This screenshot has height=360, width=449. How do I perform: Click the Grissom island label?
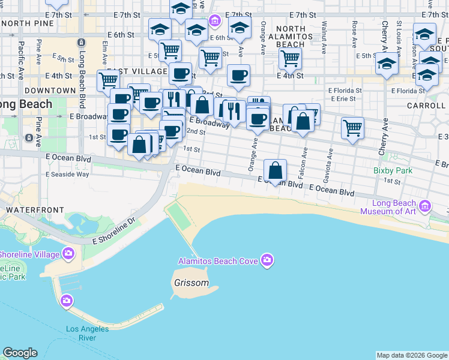(x=191, y=283)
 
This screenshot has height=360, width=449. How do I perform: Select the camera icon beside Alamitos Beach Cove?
(x=267, y=260)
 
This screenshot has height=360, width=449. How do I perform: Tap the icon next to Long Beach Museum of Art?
(x=426, y=206)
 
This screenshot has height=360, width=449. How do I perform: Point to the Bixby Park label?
(x=393, y=170)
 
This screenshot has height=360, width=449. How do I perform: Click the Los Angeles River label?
(x=88, y=333)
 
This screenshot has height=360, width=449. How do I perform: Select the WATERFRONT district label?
(x=34, y=209)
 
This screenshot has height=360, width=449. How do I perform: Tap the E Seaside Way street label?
(x=67, y=174)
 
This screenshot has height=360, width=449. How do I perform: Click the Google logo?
(x=20, y=353)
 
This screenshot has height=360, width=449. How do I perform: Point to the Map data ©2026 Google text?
(x=412, y=355)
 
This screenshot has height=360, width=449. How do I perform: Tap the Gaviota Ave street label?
(x=329, y=161)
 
